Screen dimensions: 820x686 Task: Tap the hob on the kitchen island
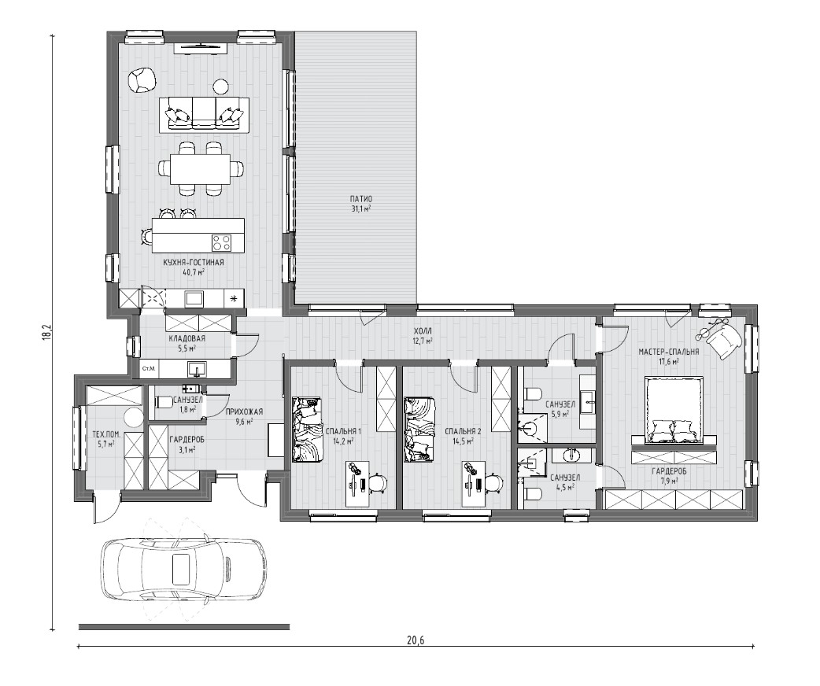[221, 242]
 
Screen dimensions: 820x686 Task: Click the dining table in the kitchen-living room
[201, 168]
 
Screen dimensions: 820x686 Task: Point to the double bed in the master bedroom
[672, 411]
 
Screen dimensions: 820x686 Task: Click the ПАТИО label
[361, 199]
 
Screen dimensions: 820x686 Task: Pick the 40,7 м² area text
[194, 272]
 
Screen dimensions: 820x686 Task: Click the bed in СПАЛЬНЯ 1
[307, 430]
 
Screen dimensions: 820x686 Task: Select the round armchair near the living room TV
[142, 80]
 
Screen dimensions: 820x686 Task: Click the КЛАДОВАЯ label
[187, 338]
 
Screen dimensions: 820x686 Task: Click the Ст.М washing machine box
[149, 369]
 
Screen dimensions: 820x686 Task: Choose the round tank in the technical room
[133, 419]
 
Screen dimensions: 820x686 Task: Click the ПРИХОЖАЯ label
[244, 411]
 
